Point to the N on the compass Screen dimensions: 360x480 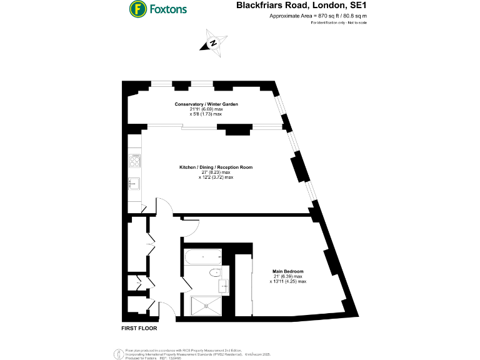coord(213,43)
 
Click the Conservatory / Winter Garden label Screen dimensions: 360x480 coord(206,104)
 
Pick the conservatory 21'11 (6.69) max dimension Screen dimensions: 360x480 coord(206,109)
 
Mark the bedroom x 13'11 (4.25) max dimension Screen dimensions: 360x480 coord(287,282)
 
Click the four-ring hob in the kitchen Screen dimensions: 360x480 coord(135,161)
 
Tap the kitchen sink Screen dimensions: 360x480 coord(134,183)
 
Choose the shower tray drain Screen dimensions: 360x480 coord(206,306)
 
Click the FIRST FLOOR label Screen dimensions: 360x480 coord(139,328)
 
